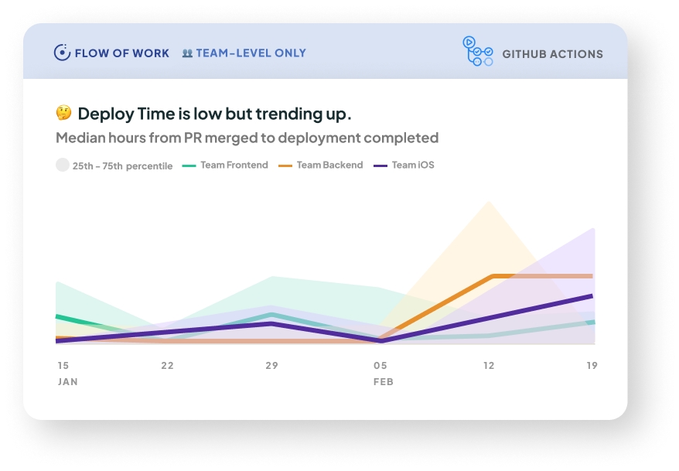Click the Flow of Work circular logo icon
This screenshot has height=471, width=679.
[x=62, y=53]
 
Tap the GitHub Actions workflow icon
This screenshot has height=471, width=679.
[x=477, y=52]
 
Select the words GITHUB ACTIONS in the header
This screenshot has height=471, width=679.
[x=552, y=54]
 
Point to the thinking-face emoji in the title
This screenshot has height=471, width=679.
[x=63, y=114]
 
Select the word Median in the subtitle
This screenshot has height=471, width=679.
[x=80, y=138]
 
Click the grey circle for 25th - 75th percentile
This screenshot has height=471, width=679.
[x=62, y=165]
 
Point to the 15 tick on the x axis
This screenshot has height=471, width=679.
[x=63, y=365]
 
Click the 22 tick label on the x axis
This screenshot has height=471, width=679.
[x=167, y=365]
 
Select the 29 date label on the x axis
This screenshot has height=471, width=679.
[x=271, y=365]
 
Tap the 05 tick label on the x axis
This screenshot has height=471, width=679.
[x=380, y=365]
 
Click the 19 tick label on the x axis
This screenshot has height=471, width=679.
[x=592, y=365]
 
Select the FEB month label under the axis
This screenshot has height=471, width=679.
[x=383, y=382]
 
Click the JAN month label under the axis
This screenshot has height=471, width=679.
[x=67, y=382]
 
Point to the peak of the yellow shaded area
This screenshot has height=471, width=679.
[x=488, y=203]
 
